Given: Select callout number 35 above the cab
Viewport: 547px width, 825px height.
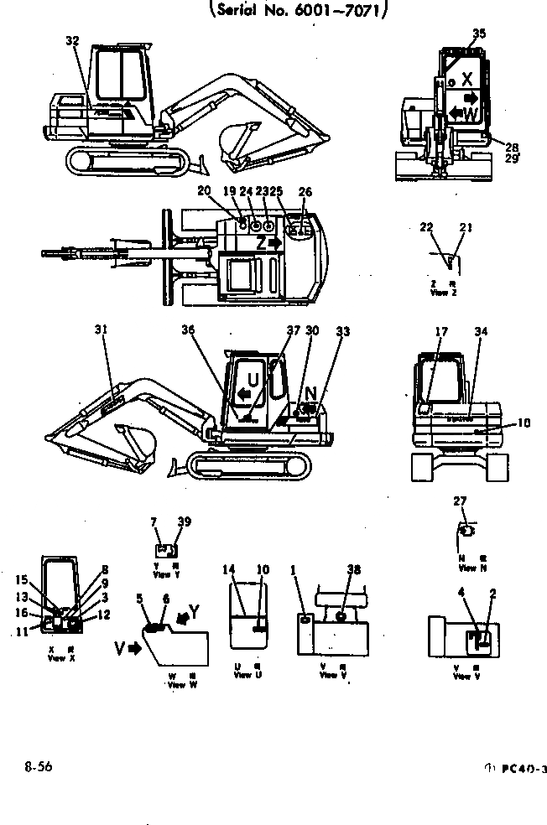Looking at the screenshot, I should tap(479, 34).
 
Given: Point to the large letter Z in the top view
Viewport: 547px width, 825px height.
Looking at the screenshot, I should tap(263, 242).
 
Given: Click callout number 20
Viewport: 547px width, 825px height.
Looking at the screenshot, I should tap(227, 191).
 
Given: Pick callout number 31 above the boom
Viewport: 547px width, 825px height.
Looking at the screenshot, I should tap(102, 330).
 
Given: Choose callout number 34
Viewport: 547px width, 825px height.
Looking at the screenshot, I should tap(480, 332).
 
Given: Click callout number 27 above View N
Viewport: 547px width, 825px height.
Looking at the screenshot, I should tap(460, 501).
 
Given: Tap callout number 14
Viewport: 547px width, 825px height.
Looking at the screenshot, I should tap(227, 570).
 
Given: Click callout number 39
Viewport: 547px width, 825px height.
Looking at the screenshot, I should tap(184, 521).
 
